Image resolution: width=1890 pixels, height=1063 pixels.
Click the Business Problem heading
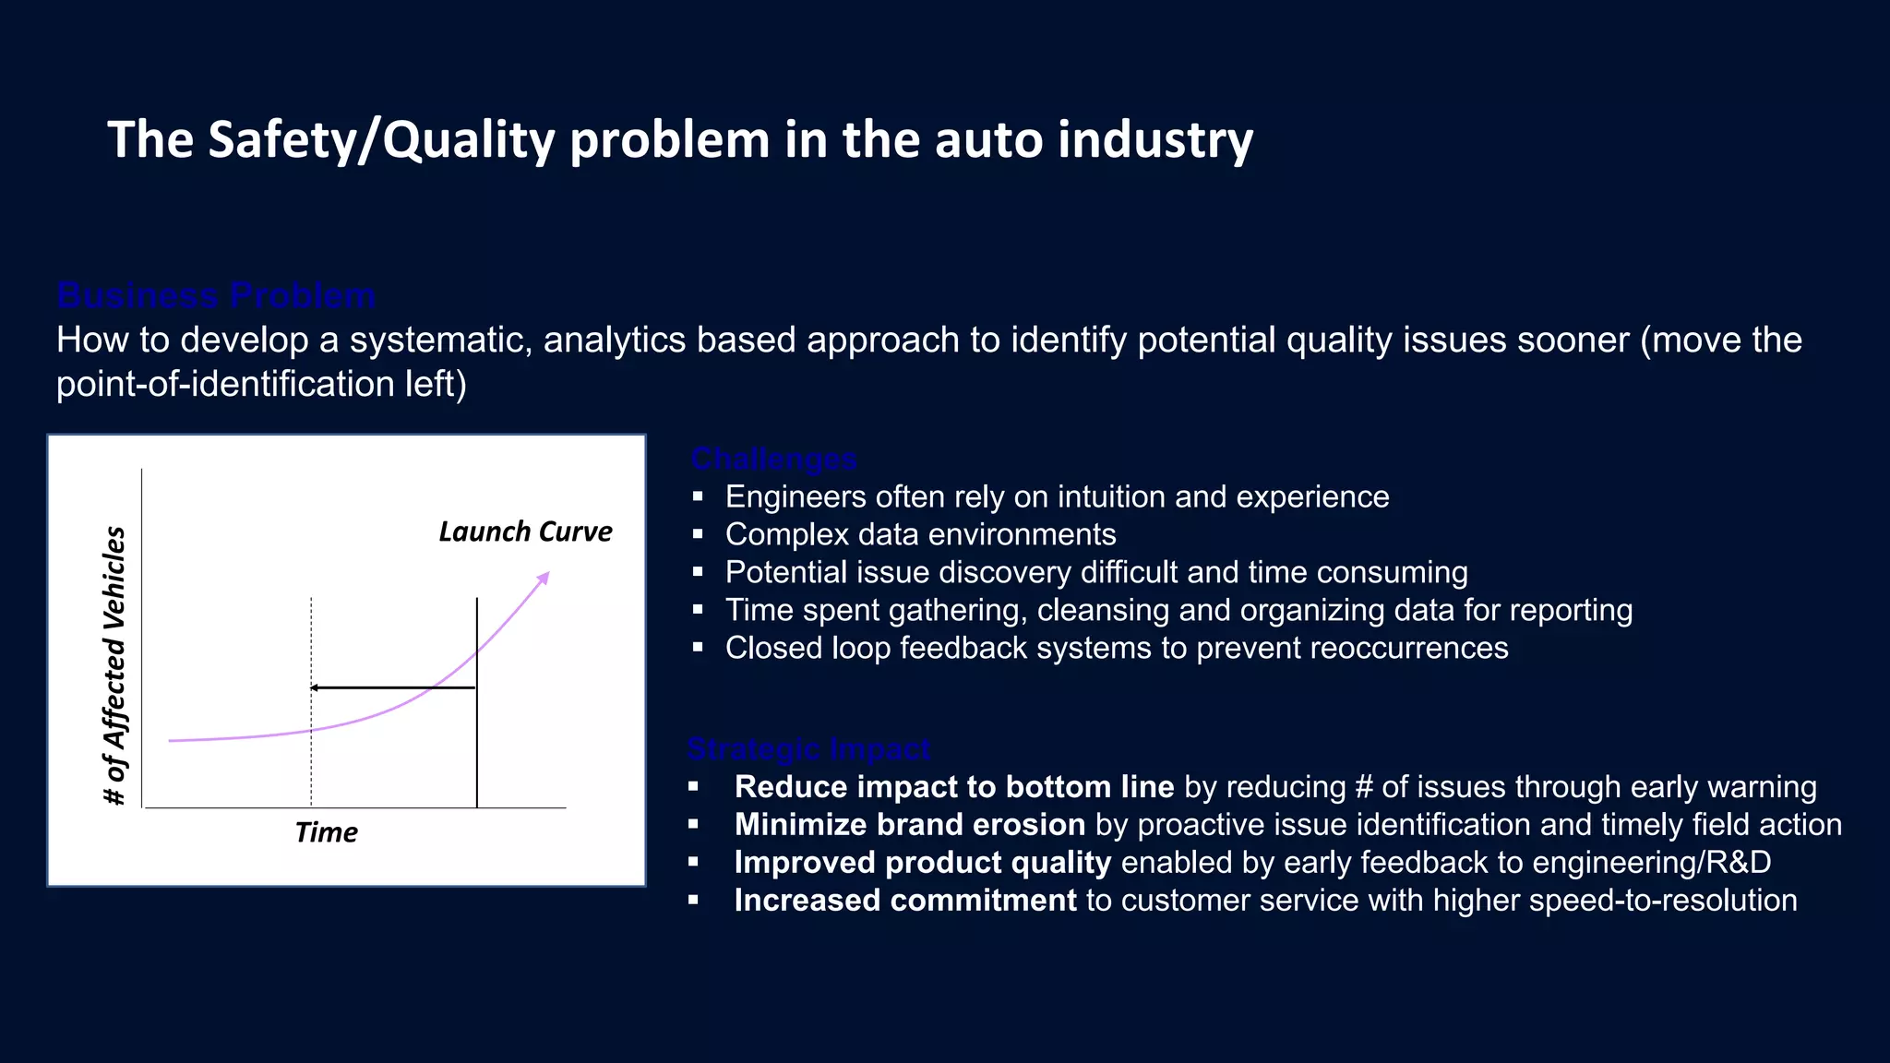(216, 295)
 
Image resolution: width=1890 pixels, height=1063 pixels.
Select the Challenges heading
(773, 459)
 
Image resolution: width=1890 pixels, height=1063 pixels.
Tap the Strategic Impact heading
(808, 748)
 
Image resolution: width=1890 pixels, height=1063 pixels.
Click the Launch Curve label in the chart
(525, 531)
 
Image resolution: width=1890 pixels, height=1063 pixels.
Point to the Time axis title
(326, 832)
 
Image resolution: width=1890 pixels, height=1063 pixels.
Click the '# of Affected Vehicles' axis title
(114, 664)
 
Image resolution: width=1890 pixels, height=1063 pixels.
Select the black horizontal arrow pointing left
(392, 687)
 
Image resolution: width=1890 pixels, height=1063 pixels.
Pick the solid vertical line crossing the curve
(477, 738)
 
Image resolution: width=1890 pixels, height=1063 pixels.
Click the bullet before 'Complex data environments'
(698, 534)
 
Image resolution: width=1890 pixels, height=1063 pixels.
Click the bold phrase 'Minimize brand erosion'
(909, 824)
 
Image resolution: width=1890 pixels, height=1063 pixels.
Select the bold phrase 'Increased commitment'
(904, 900)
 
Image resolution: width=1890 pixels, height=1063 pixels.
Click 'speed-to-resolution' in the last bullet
(1662, 900)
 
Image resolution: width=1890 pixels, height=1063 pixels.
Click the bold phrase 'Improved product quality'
(922, 862)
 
